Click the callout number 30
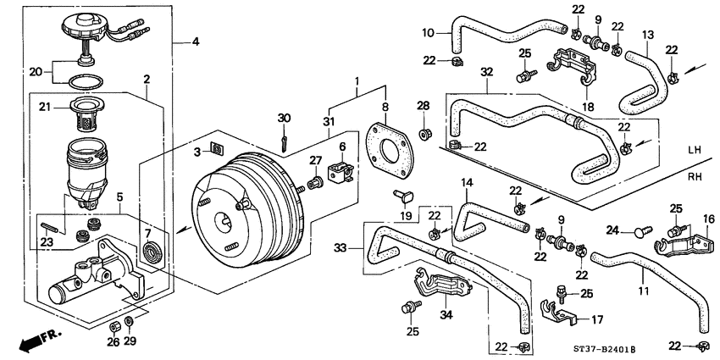pos(284,118)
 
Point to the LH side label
pos(695,150)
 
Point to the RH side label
pos(695,179)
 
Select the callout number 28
pos(423,105)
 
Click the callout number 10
pos(428,32)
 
